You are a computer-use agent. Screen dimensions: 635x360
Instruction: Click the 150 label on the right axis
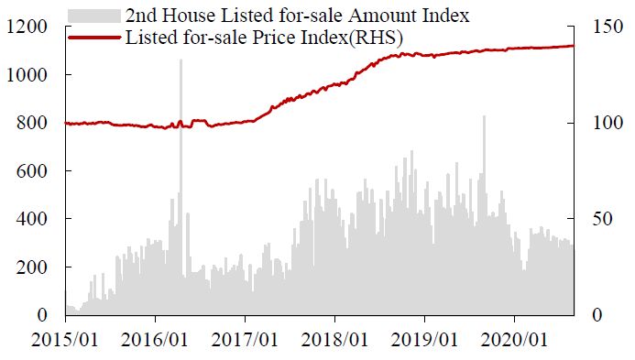pos(608,27)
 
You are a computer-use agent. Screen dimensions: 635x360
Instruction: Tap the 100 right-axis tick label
pos(608,123)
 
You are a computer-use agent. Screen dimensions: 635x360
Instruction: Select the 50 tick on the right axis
pos(603,219)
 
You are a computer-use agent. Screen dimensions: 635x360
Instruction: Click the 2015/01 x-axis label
pos(65,339)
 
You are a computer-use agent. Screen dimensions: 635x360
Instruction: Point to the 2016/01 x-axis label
pos(155,339)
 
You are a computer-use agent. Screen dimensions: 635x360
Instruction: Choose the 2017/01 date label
pos(245,339)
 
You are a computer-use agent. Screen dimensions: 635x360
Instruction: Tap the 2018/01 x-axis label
pos(334,339)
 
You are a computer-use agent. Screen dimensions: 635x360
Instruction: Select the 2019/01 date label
pos(424,339)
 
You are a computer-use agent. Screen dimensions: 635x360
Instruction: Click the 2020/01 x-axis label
pos(514,339)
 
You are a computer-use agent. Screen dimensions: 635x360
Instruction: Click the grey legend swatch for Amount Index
pos(94,16)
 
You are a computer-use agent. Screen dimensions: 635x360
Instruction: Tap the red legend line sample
pos(94,38)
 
